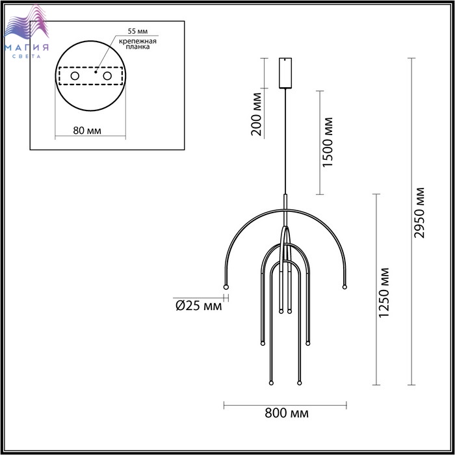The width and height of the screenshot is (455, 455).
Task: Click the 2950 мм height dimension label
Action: tap(419, 213)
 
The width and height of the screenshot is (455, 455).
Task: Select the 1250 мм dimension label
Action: tap(383, 292)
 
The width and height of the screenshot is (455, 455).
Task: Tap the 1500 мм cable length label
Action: tap(328, 142)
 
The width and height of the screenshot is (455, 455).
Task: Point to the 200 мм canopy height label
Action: tap(257, 114)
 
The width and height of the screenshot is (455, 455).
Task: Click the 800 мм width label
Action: tap(287, 413)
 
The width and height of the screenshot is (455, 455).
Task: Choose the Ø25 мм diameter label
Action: tap(198, 305)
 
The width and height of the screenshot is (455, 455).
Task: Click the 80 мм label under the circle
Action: tap(87, 131)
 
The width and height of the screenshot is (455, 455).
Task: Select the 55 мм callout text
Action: tap(138, 31)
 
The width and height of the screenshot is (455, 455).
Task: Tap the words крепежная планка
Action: tap(138, 44)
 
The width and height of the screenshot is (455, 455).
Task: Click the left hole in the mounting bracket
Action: tap(75, 76)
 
